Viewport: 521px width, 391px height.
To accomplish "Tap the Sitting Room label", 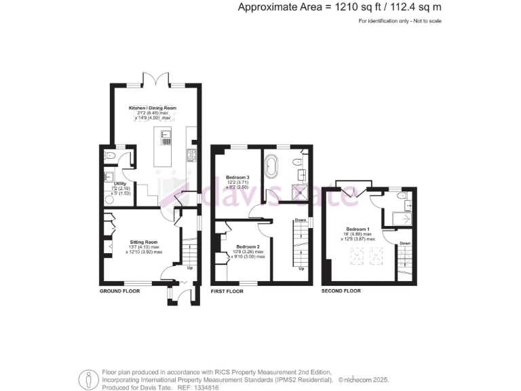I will (144, 241).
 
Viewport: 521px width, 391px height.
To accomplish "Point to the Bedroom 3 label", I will (238, 178).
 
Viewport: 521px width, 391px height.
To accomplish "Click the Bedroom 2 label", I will (248, 246).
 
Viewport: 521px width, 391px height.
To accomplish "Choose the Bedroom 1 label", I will (357, 229).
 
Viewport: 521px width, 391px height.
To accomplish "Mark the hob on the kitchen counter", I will (191, 154).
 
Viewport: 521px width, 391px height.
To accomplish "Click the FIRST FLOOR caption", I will (227, 291).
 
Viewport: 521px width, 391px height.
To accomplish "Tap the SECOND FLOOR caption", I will (341, 291).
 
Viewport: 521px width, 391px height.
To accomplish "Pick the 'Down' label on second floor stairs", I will (404, 242).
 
